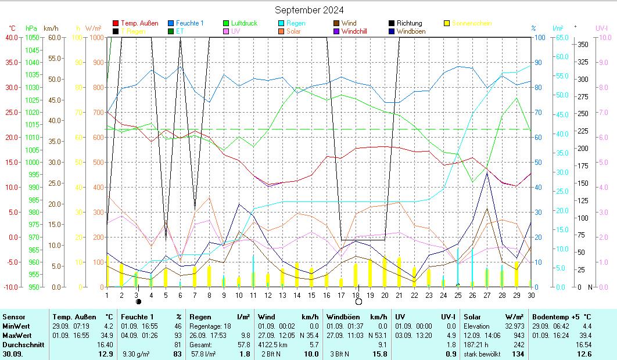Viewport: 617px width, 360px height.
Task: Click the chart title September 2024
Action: [x=308, y=10]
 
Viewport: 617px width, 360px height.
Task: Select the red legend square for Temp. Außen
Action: [x=116, y=24]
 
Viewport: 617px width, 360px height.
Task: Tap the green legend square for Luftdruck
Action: [x=226, y=24]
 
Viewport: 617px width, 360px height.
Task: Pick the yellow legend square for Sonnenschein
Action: [x=446, y=24]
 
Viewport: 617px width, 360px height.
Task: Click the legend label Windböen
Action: [x=411, y=31]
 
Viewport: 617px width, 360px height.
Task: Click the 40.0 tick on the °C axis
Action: [x=12, y=37]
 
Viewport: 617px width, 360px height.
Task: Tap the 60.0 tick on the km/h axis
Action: [x=55, y=37]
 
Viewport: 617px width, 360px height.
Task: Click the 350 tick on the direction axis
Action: [x=583, y=45]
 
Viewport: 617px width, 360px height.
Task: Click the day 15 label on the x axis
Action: [x=311, y=295]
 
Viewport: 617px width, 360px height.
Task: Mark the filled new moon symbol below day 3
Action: [x=138, y=302]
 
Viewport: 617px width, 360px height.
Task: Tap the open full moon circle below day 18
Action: [x=358, y=302]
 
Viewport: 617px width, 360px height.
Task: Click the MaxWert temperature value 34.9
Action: [x=108, y=335]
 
